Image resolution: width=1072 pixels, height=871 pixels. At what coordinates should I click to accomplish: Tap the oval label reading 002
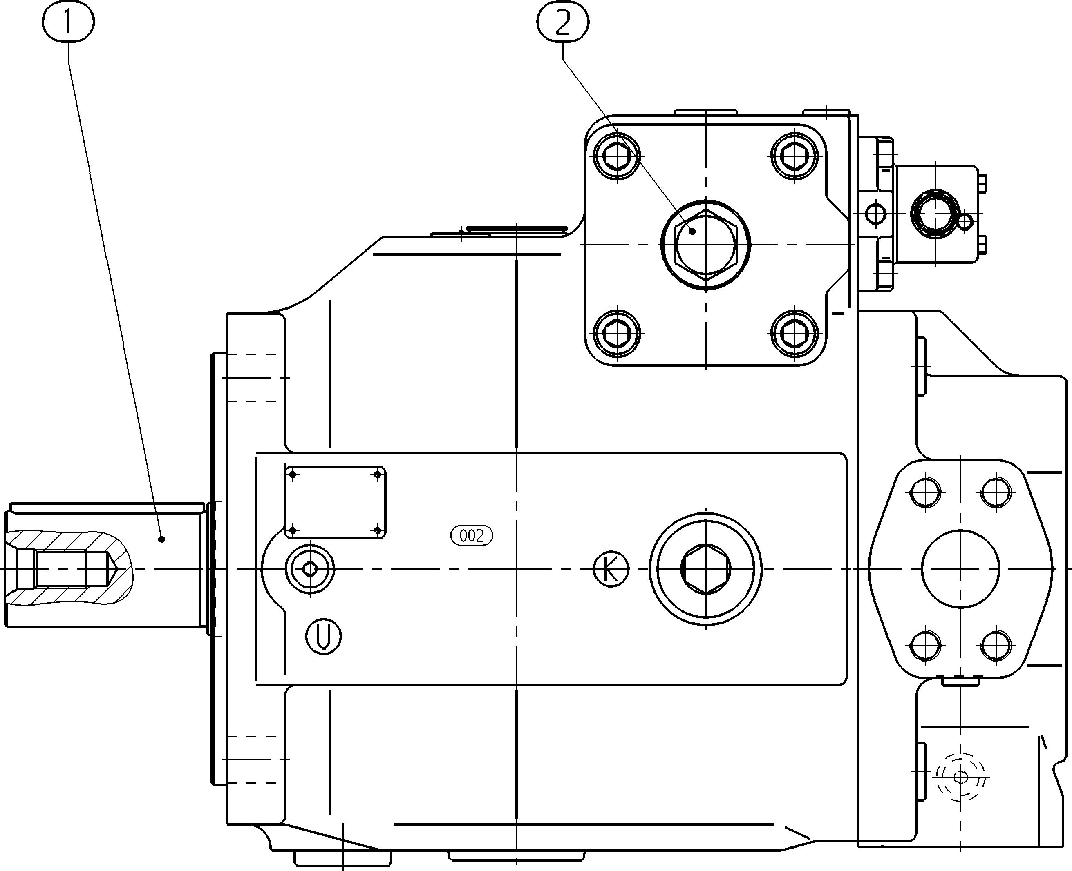[x=472, y=535]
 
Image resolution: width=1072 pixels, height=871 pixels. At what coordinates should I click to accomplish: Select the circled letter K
[x=611, y=570]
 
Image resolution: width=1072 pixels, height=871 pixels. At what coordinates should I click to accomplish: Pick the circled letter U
[x=323, y=636]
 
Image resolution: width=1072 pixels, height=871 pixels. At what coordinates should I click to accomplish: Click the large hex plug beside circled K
[x=705, y=569]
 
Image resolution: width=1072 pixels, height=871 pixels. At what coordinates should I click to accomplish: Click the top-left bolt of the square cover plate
[x=617, y=157]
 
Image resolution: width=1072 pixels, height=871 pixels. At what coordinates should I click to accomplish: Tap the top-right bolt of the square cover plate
[x=795, y=157]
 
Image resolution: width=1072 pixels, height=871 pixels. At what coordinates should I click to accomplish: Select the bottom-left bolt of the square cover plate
[x=617, y=333]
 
